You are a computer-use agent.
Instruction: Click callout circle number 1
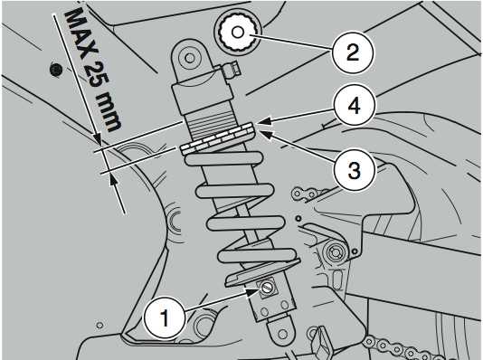165,317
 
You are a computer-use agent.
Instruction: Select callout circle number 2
353,52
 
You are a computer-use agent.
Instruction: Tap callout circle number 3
355,170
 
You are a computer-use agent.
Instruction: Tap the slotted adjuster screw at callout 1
266,289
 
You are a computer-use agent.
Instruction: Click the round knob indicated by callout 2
237,33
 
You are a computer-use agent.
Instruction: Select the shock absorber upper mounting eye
189,58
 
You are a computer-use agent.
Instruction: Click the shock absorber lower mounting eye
282,335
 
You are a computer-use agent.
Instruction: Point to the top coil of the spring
223,159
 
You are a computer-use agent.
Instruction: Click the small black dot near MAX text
55,71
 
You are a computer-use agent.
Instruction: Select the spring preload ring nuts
217,138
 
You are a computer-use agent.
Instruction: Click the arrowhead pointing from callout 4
264,121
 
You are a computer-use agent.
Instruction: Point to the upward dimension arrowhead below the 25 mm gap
112,180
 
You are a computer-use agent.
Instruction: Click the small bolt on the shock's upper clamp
232,70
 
